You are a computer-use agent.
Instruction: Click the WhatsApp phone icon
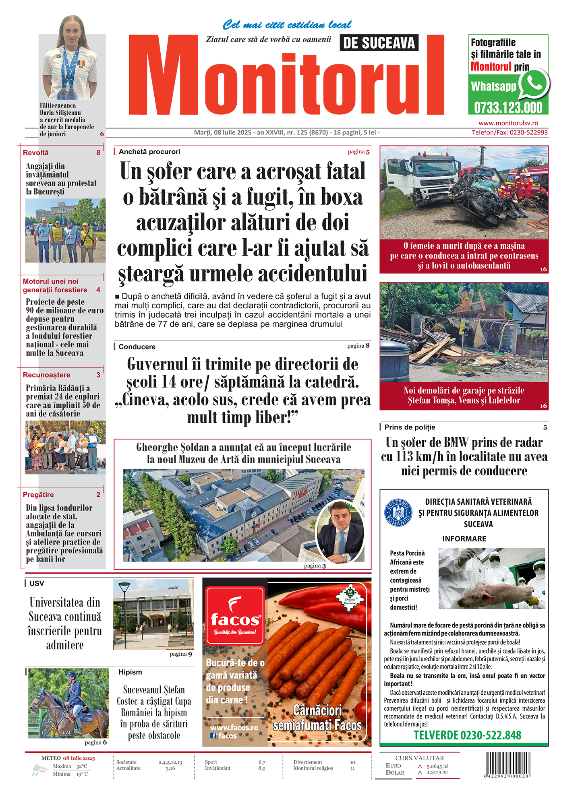534,84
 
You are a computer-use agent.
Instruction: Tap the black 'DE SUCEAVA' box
379,43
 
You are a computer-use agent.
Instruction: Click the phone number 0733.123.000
508,108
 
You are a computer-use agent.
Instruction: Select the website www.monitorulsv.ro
508,123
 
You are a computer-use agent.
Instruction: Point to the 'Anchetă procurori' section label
149,152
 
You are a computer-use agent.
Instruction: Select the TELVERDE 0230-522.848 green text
467,735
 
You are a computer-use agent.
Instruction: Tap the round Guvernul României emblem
398,513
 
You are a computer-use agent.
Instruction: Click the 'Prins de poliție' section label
410,427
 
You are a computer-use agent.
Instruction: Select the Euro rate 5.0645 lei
437,766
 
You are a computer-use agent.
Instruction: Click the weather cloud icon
39,770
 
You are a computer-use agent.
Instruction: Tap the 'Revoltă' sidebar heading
36,153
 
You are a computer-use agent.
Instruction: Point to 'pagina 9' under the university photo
180,654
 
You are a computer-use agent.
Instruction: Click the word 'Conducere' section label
137,347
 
